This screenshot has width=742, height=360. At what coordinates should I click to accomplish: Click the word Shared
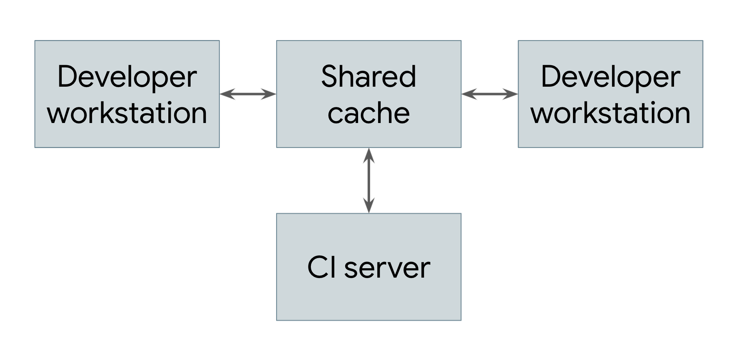tap(369, 77)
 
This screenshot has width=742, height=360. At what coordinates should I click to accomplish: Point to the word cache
tap(369, 113)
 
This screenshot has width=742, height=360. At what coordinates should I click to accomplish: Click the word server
tap(387, 268)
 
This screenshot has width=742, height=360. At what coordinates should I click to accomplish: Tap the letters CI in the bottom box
tap(322, 268)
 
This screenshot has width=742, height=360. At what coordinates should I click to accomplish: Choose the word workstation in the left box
tap(127, 113)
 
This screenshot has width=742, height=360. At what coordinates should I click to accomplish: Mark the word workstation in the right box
tap(610, 113)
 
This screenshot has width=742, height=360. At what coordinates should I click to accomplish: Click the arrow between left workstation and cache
tap(248, 94)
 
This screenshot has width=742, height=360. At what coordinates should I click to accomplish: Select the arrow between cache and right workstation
tap(490, 94)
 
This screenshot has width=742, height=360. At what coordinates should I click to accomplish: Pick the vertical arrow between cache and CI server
tap(369, 180)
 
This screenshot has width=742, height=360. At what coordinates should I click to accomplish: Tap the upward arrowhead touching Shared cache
tap(369, 155)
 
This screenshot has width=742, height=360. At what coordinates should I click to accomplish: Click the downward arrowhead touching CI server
tap(369, 206)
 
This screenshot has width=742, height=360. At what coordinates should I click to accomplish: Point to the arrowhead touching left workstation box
tap(227, 94)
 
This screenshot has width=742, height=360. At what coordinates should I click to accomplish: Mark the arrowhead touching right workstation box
tap(511, 94)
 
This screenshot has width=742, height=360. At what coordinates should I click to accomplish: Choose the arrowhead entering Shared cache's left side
tap(269, 94)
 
